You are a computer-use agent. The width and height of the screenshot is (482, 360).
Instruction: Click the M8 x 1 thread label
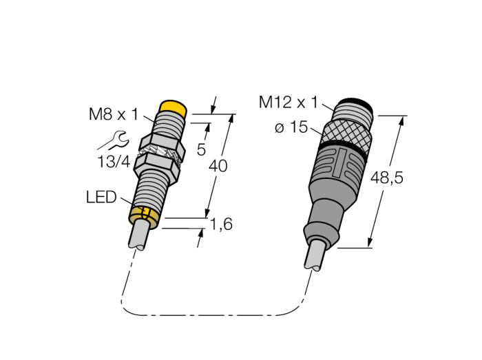point(114,114)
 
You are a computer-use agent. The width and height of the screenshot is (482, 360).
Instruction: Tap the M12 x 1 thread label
point(288,102)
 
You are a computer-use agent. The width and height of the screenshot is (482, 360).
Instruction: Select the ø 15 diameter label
point(291,127)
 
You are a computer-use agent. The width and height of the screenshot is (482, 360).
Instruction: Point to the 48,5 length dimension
point(386,178)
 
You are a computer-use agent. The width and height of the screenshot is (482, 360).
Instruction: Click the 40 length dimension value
point(218,166)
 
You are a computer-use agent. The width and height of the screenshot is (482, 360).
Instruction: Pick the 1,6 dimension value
point(221,224)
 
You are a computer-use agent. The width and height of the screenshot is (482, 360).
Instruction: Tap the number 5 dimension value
point(201,149)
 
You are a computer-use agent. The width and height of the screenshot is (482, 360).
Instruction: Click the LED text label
point(101,197)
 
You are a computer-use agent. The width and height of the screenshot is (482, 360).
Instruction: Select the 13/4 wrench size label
point(114,162)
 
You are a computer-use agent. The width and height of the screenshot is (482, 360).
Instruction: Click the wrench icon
point(113,140)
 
